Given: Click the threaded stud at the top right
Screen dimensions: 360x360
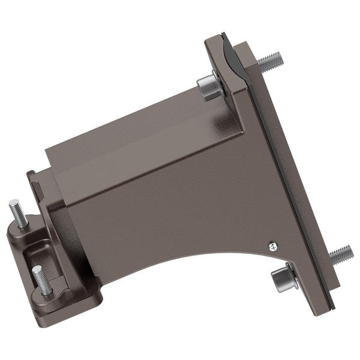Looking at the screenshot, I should [x=270, y=61].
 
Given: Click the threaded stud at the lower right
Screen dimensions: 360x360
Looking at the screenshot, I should [x=340, y=254].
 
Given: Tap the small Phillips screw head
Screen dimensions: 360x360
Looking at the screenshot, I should [x=272, y=245].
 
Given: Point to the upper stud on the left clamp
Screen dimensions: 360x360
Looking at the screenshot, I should [x=18, y=214].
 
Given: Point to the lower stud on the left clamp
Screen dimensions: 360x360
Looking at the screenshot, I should [x=41, y=281].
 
